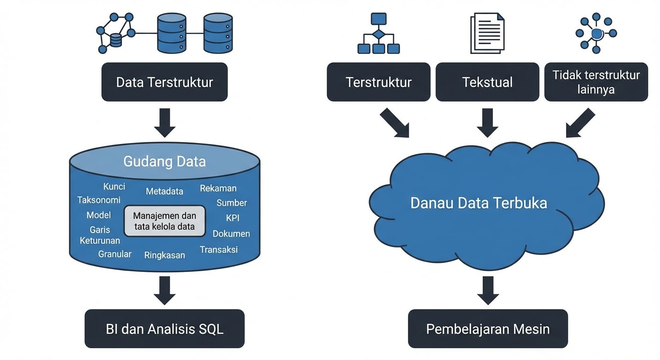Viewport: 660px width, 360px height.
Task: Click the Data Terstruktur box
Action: pyautogui.click(x=165, y=82)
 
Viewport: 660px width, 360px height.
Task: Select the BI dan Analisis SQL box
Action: pyautogui.click(x=165, y=329)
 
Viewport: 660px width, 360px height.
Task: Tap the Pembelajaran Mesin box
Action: pyautogui.click(x=487, y=329)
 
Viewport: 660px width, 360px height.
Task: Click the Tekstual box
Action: pyautogui.click(x=487, y=82)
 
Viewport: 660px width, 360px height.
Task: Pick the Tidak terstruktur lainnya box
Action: pyautogui.click(x=596, y=82)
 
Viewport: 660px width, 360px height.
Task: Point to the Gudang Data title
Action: pyautogui.click(x=165, y=162)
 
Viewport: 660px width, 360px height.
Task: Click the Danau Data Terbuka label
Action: pyautogui.click(x=479, y=203)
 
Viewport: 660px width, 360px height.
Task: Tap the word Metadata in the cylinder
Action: pyautogui.click(x=165, y=191)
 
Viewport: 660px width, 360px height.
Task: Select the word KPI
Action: pyautogui.click(x=232, y=218)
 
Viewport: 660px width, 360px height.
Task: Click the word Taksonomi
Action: pyautogui.click(x=99, y=200)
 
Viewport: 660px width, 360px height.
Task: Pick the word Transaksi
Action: pyautogui.click(x=219, y=249)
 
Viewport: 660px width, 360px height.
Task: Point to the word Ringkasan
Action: pyautogui.click(x=165, y=255)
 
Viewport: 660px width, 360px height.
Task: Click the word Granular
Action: pyautogui.click(x=115, y=254)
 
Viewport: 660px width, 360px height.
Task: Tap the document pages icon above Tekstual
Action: pyautogui.click(x=487, y=33)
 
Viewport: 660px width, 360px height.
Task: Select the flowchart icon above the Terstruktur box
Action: pyautogui.click(x=378, y=33)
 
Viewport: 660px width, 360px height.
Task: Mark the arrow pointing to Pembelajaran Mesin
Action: pyautogui.click(x=487, y=290)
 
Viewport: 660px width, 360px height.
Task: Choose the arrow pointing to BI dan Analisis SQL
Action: pyautogui.click(x=165, y=290)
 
